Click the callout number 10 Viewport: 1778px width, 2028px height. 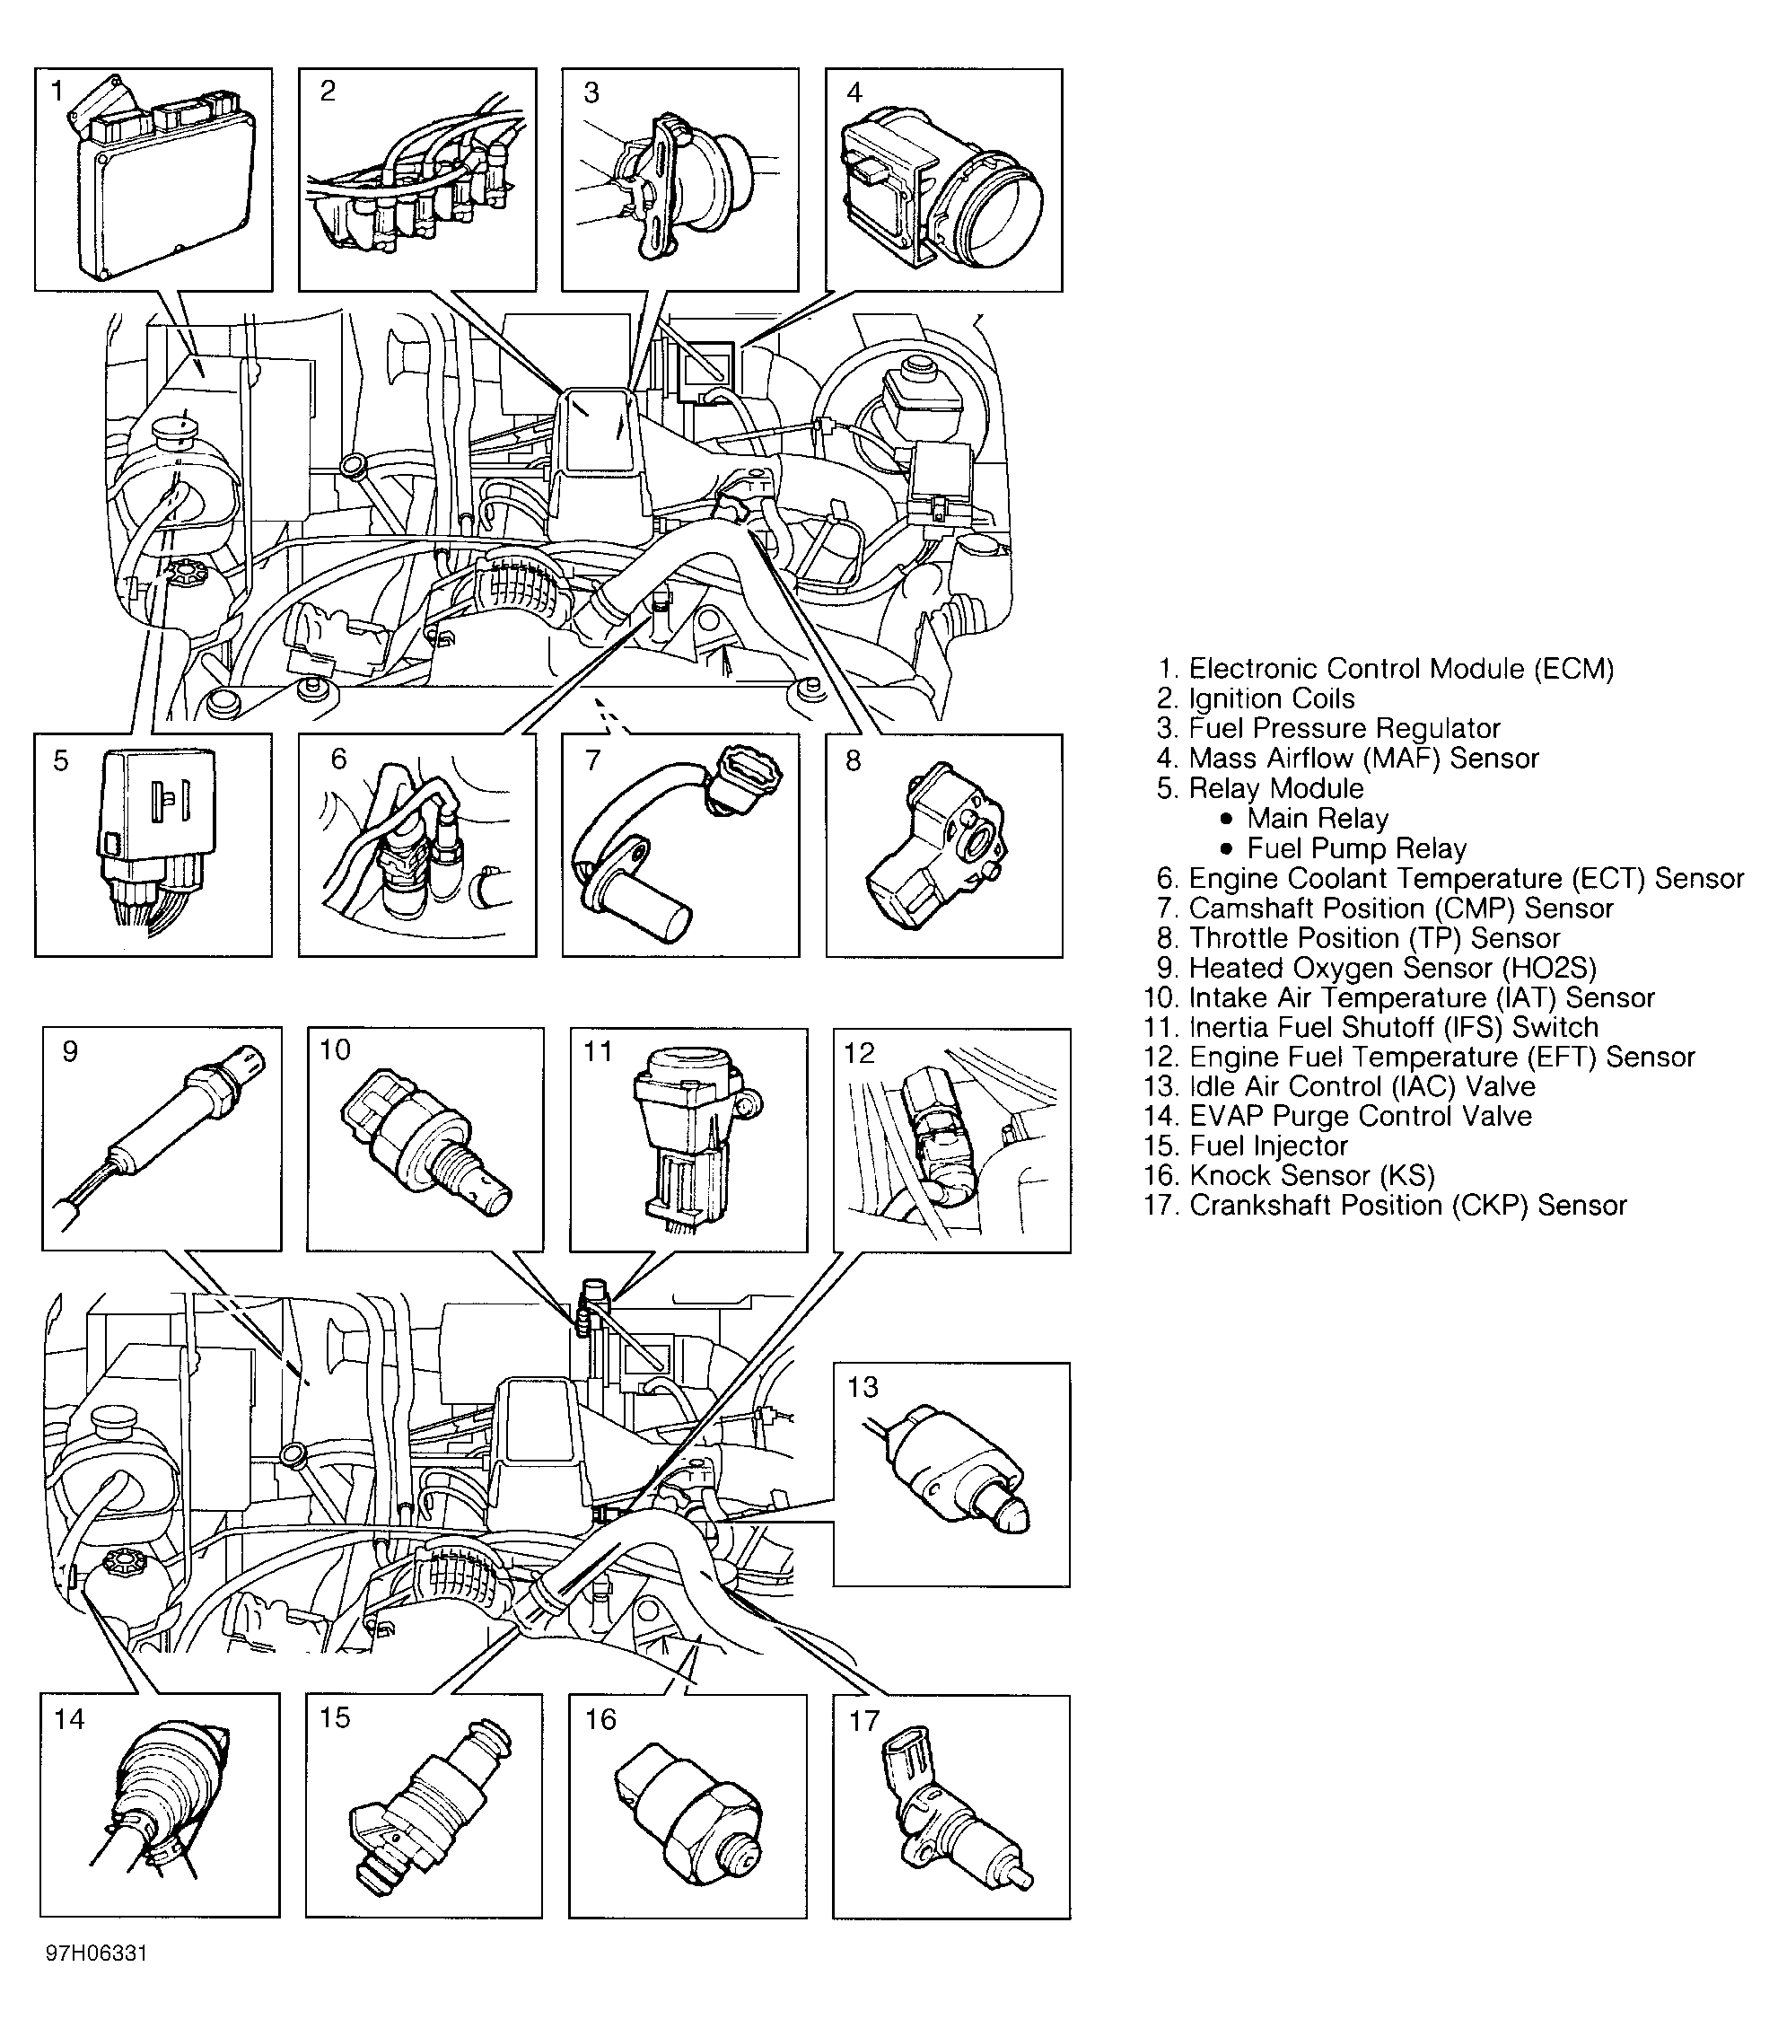(x=336, y=1049)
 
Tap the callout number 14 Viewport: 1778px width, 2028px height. (x=69, y=1719)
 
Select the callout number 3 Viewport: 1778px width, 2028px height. (x=591, y=93)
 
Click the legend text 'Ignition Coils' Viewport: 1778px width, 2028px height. (x=1272, y=698)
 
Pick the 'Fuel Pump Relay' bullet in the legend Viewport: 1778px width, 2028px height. (x=1355, y=848)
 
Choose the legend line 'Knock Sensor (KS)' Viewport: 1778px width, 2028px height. (x=1311, y=1176)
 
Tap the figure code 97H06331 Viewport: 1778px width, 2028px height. (x=96, y=1953)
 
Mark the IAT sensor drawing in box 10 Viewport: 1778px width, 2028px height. (x=426, y=1141)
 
